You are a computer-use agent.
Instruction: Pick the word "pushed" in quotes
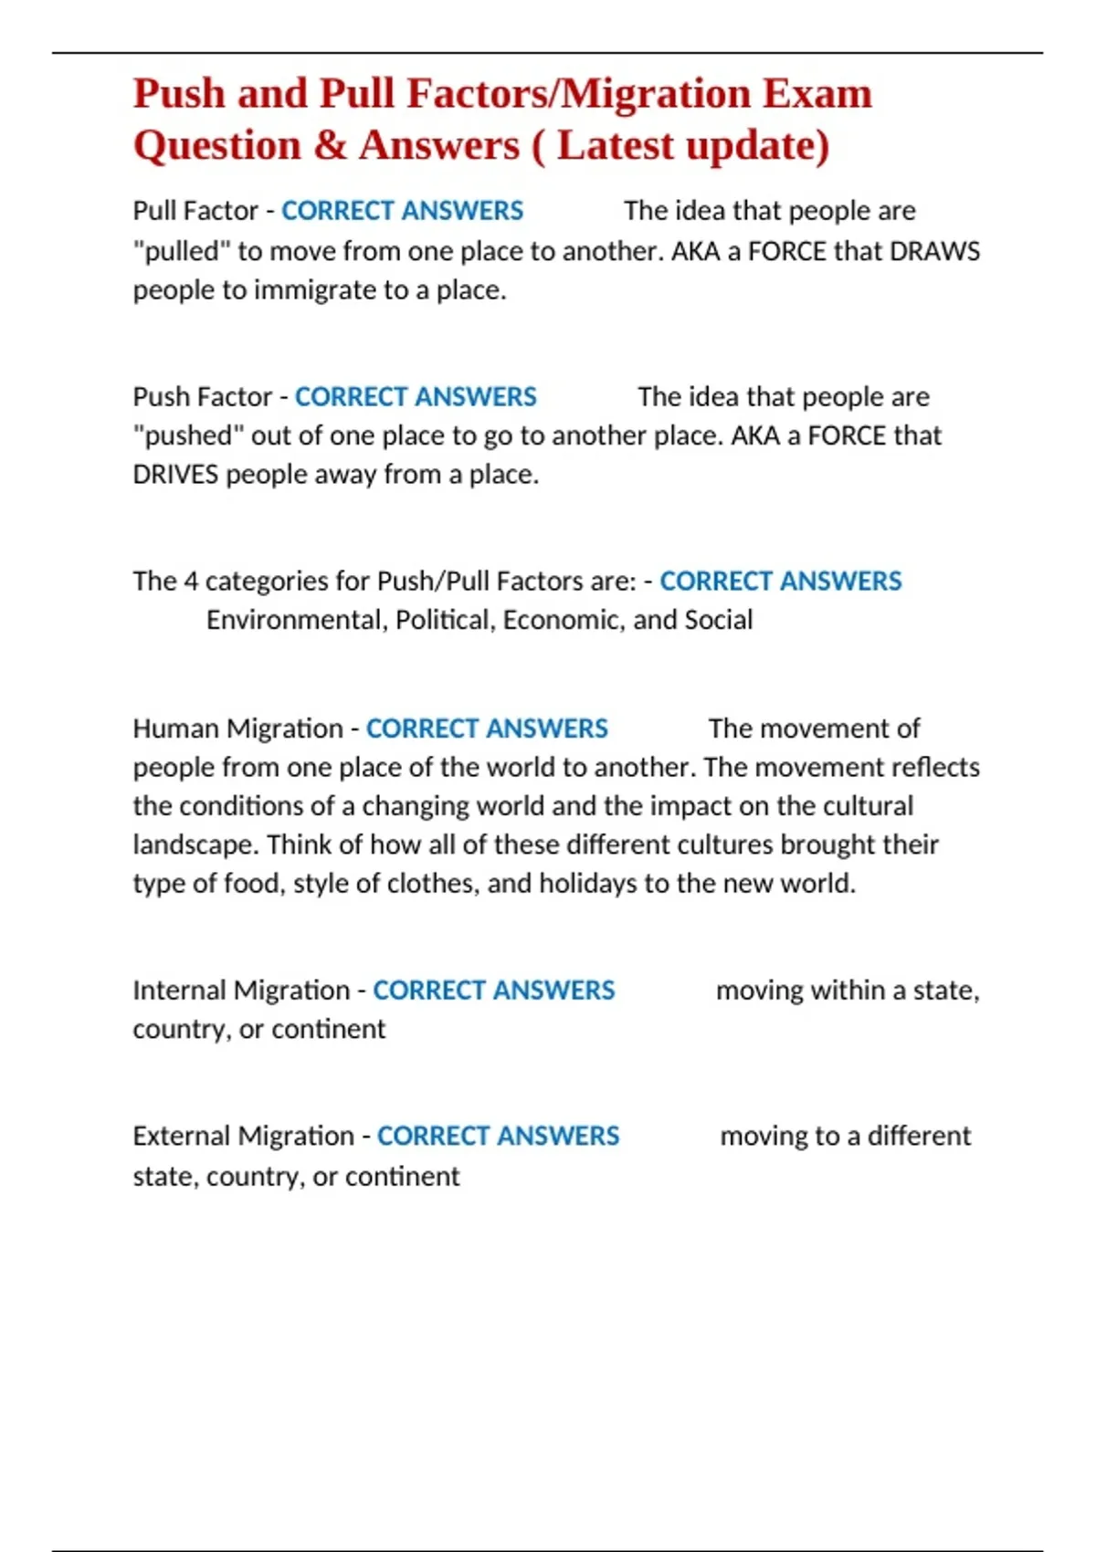[x=187, y=436]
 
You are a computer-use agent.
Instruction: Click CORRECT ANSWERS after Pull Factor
[x=402, y=211]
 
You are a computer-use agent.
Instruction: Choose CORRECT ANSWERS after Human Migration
[x=487, y=729]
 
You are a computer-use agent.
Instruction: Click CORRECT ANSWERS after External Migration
[x=498, y=1137]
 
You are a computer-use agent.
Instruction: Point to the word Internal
[x=179, y=991]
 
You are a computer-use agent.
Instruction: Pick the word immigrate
[x=316, y=290]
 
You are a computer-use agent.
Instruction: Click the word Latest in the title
[x=615, y=146]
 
